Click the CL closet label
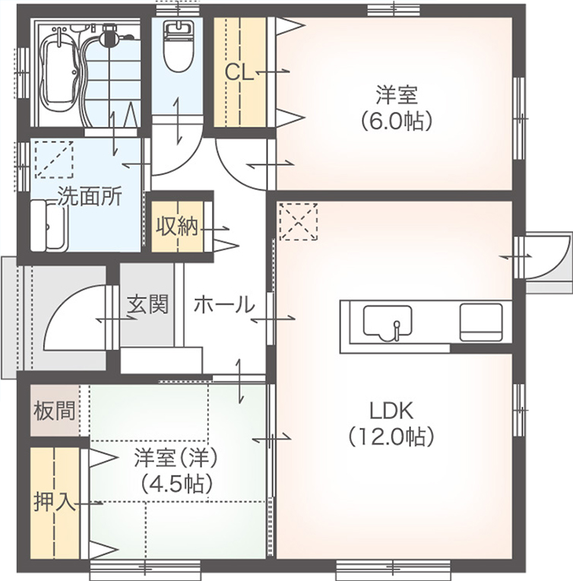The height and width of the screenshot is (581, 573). coord(239,72)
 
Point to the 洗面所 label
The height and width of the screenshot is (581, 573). coord(90,196)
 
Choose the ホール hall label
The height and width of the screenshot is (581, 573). coord(223,305)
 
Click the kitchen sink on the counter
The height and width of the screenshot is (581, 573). coord(388,322)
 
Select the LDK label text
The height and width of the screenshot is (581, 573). coord(391,411)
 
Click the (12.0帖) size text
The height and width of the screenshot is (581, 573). coord(391,437)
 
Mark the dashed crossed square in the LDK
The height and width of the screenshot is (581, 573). coord(296,221)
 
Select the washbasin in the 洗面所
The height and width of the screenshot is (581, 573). coord(50,227)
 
